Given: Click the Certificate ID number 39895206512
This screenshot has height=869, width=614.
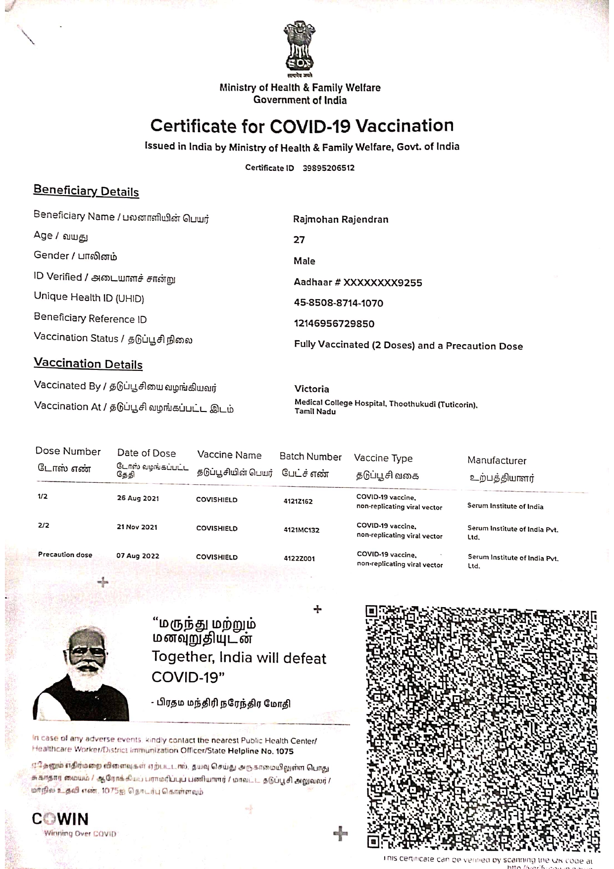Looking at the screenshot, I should coord(328,168).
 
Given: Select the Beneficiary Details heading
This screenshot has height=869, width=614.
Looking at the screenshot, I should coord(86,191).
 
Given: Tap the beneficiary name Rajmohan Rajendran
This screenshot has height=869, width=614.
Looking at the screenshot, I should coord(341,219).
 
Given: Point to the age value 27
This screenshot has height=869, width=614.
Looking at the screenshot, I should coord(299,240).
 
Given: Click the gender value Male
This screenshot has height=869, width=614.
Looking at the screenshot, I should coord(304,261).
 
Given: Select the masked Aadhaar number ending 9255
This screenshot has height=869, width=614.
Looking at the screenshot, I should coord(358,283).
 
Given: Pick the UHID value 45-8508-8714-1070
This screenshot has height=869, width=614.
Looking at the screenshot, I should coord(338,303).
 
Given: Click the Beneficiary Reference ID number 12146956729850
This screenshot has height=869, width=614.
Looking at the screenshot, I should coord(334,324).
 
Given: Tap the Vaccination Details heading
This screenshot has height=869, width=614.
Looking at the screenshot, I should coord(88,364).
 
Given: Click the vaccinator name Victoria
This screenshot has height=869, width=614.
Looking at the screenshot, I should coord(311,389).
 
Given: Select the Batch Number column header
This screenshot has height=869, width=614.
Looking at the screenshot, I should coord(310,457).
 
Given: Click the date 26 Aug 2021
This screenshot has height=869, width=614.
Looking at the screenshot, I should coord(138,498).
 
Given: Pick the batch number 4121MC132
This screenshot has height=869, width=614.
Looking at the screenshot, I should coord(301,530).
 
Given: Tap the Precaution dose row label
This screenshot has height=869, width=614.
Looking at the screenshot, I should coord(65,555).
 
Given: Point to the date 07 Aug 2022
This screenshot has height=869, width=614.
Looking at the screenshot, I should coord(138,556).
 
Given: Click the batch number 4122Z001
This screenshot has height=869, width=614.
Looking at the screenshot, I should coord(299,559).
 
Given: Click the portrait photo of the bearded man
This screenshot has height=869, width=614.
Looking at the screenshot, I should coord(82,673).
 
